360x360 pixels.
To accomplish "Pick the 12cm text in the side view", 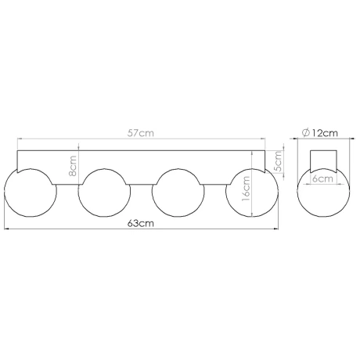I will [x=324, y=133].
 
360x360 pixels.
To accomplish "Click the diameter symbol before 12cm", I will [x=304, y=133].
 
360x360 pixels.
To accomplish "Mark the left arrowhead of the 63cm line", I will [x=7, y=229].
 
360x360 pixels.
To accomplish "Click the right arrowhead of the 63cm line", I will [x=275, y=229].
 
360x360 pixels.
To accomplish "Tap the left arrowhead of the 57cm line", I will [x=19, y=140].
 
